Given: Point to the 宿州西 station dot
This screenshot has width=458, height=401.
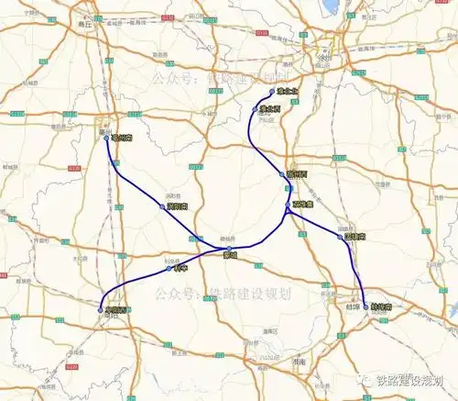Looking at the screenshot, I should pos(283,173).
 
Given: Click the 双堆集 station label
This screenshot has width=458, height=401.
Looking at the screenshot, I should pos(300,204).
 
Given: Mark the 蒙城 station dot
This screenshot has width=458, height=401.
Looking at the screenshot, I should pos(230,249).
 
